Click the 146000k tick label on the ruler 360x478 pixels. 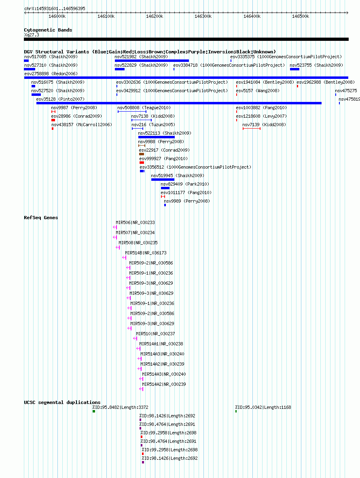57,17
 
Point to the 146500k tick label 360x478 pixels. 301,17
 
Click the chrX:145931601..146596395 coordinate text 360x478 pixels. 55,8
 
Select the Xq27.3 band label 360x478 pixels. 32,35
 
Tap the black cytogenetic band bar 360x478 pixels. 186,39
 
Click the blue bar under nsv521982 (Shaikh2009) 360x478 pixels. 152,61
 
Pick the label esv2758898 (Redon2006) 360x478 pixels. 51,74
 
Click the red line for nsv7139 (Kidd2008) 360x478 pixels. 252,129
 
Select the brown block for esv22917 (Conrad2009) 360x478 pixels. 142,154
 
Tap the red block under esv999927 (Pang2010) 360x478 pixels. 142,163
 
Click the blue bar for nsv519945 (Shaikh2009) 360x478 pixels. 163,180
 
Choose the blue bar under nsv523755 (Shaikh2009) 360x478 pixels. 294,69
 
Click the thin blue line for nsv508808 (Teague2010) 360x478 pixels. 132,112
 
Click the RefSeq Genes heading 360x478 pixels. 41,218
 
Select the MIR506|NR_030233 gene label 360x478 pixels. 136,222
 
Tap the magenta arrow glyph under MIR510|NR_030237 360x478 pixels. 135,338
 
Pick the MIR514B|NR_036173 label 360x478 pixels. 146,253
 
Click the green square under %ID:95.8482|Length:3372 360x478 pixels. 94,412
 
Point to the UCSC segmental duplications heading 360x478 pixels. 62,402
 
